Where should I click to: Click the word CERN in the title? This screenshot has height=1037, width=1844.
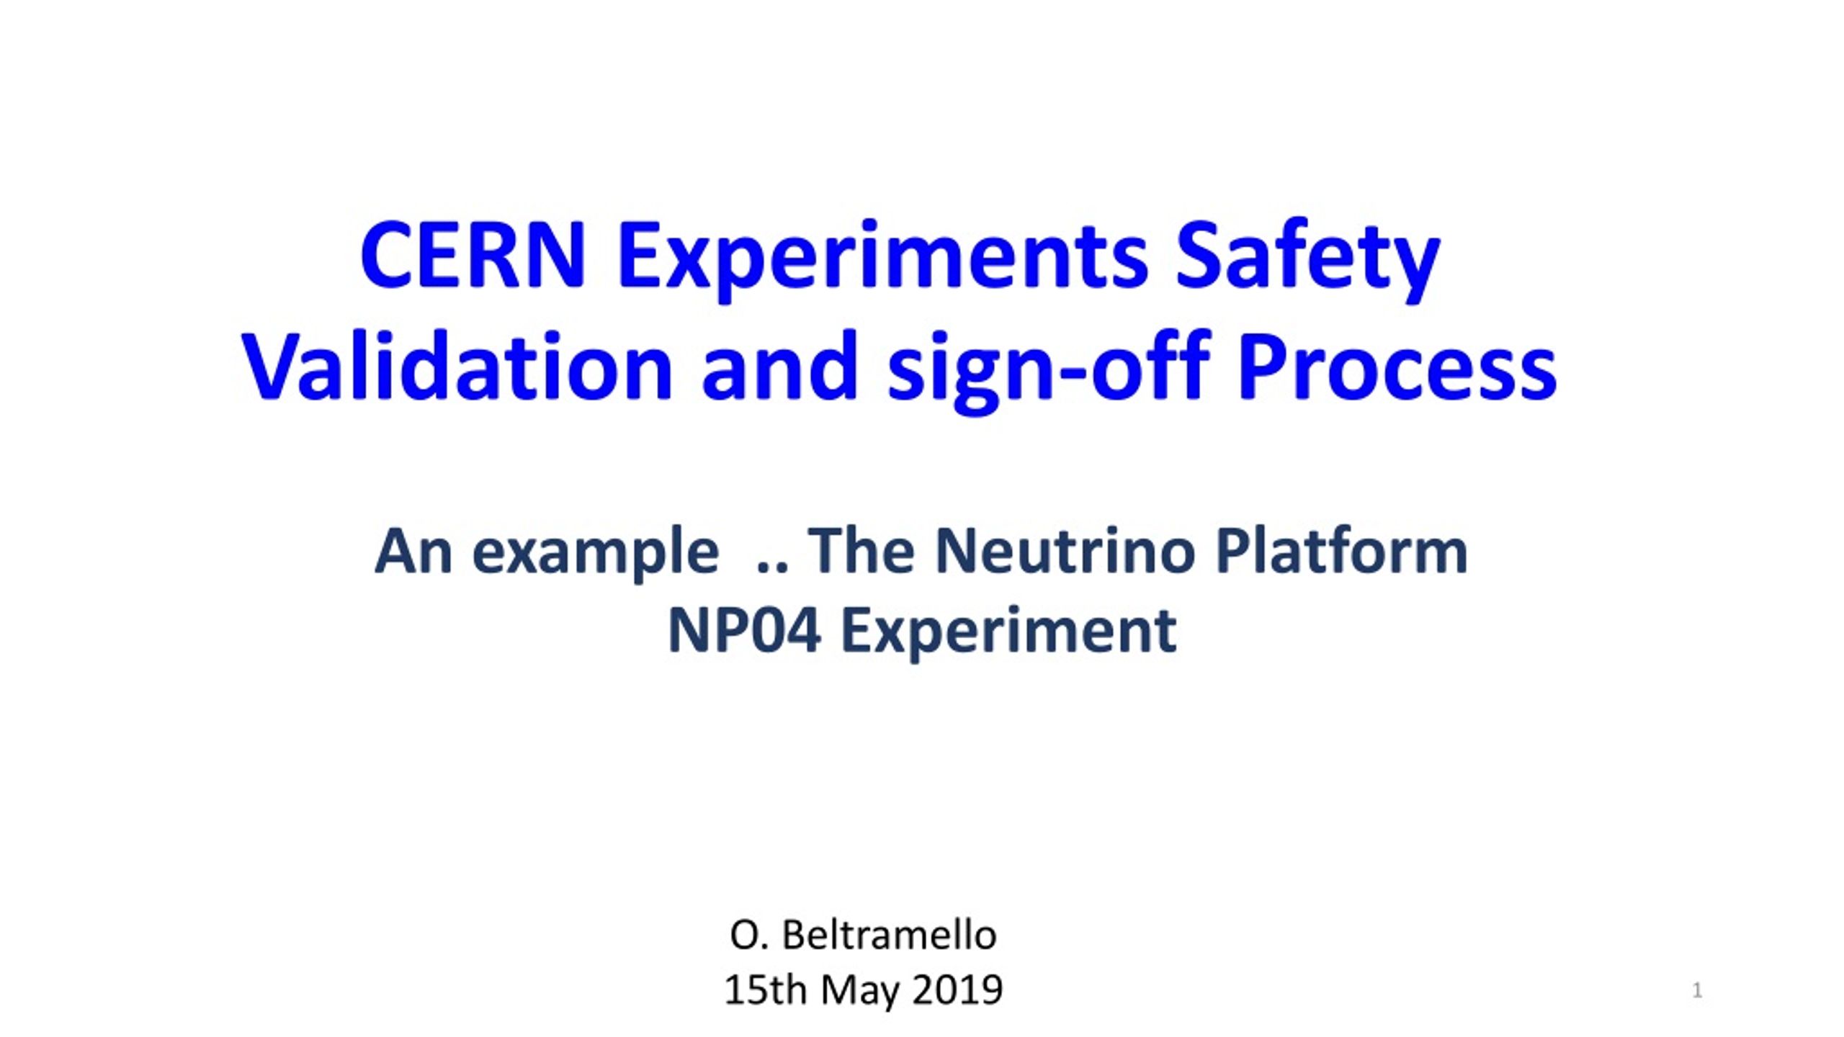473,256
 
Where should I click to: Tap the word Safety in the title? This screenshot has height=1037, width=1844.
1307,259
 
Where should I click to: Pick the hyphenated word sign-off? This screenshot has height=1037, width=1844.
1049,370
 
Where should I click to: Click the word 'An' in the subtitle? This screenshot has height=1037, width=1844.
413,552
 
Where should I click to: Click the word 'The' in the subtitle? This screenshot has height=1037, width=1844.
861,551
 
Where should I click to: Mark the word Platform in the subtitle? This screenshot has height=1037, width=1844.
1341,551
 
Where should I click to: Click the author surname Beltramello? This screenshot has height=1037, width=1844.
890,935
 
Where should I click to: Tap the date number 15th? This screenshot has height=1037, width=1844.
765,990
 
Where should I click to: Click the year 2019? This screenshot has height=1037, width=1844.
957,991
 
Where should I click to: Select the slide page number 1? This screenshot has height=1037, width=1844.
1697,991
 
